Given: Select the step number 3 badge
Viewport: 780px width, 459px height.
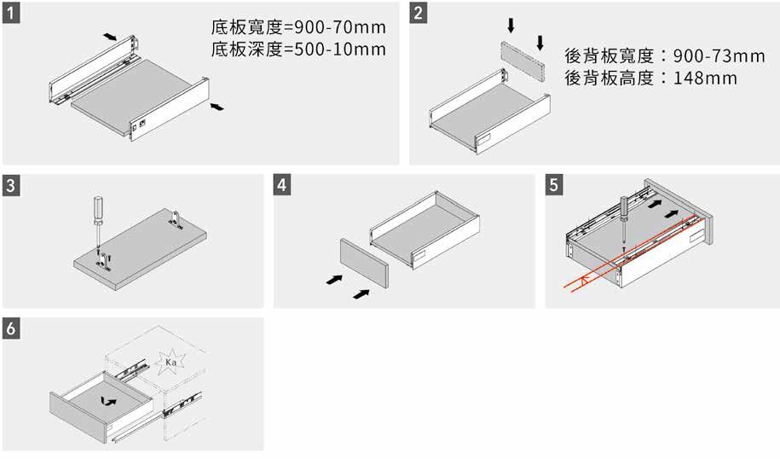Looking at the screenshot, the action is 12,186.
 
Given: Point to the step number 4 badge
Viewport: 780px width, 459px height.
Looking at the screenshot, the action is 284,186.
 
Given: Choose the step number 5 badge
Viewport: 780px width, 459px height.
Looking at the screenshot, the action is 555,186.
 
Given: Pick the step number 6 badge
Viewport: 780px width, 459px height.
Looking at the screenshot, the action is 12,328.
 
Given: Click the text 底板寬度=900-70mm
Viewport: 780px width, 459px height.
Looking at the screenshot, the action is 298,27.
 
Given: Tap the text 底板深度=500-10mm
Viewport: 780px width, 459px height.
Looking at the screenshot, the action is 298,49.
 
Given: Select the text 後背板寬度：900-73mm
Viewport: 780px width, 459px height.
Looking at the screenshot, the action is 665,56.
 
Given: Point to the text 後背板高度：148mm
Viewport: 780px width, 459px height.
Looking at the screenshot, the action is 651,78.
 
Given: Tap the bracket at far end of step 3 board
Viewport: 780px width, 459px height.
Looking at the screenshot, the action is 178,219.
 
